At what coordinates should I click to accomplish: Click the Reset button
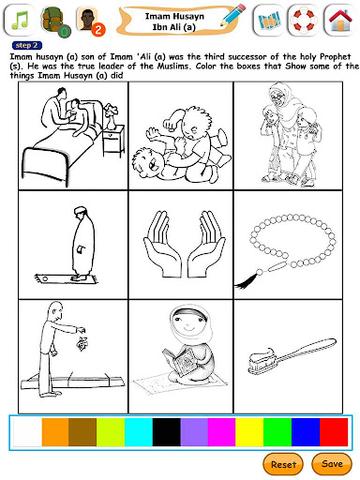283,464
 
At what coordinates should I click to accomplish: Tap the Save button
332,463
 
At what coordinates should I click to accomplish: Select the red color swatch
334,432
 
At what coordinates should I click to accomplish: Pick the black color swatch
167,432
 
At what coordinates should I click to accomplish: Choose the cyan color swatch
139,432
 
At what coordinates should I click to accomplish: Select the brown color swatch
82,432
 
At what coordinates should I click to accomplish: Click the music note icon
20,21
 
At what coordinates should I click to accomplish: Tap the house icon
340,21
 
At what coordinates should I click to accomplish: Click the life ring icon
304,21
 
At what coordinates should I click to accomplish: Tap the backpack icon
53,21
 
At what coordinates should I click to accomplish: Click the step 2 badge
26,45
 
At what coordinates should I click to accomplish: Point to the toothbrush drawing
292,356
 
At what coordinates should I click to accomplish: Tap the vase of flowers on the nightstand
112,116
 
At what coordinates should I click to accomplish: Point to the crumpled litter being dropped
82,343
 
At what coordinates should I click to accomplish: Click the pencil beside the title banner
232,15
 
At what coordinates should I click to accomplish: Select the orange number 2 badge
98,30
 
